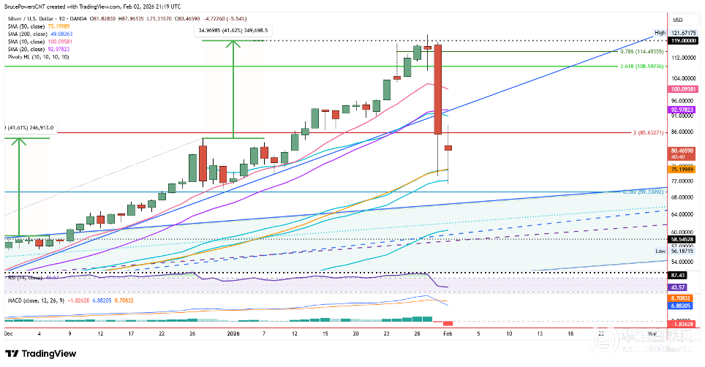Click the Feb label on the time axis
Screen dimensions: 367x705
(x=448, y=333)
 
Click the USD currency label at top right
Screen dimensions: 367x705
(x=677, y=20)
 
